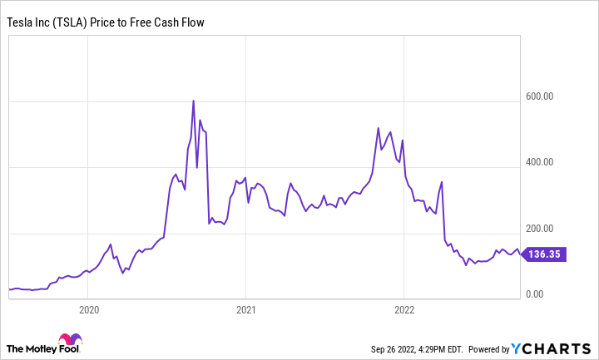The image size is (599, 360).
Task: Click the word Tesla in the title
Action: (x=21, y=22)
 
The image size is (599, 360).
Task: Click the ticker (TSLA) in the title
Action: (x=79, y=22)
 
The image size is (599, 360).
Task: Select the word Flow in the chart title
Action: (x=190, y=22)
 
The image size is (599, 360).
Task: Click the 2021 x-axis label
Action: (x=245, y=309)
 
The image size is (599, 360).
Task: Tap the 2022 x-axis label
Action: (x=403, y=309)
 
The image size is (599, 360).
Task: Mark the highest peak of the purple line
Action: (x=194, y=101)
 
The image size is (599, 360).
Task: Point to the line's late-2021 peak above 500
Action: (x=379, y=129)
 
